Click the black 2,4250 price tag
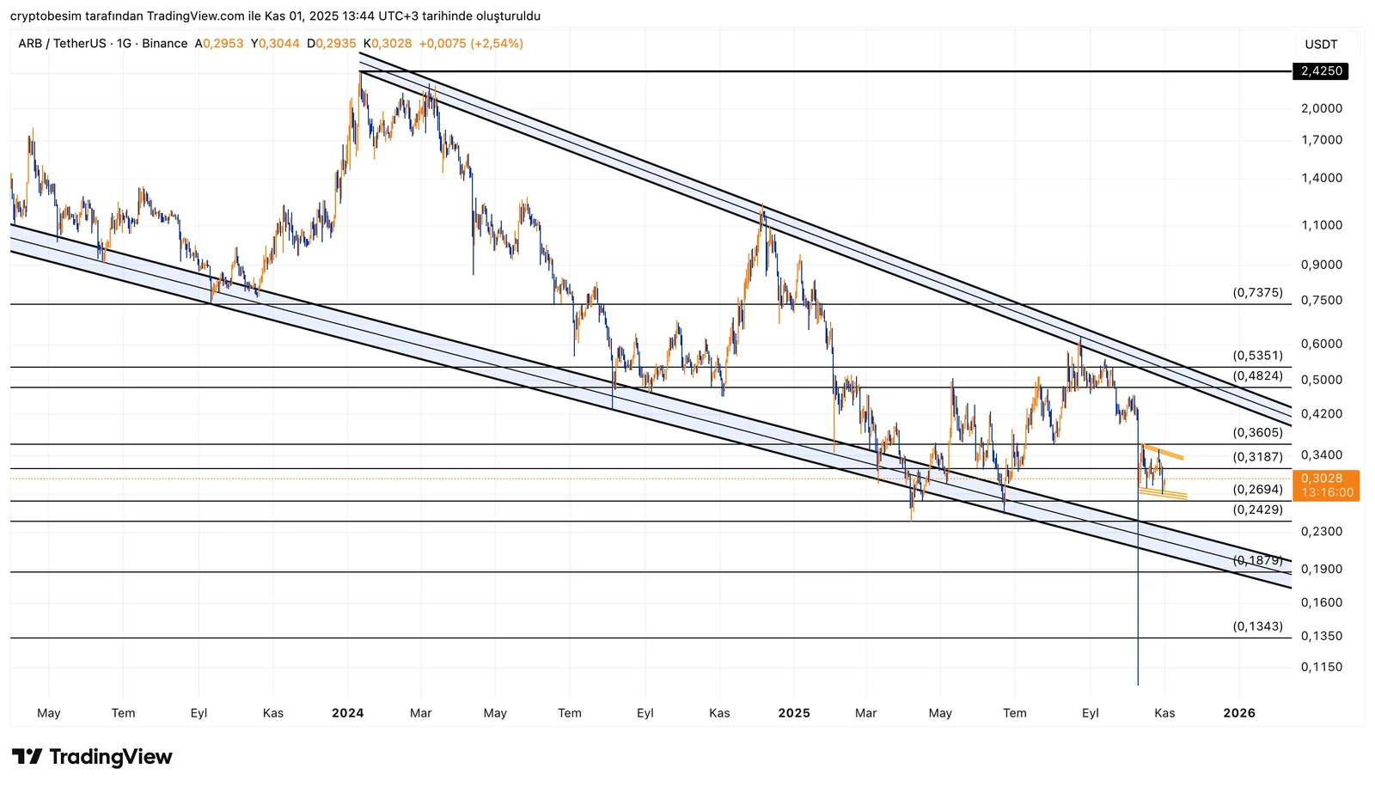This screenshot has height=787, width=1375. (x=1321, y=71)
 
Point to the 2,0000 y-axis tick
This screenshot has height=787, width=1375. (x=1321, y=108)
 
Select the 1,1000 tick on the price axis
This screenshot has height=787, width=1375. (x=1321, y=225)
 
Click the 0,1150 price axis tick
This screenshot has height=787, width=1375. (x=1321, y=667)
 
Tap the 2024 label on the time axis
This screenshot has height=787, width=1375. (x=347, y=713)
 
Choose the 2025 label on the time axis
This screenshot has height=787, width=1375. (x=794, y=713)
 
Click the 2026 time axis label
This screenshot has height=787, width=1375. (x=1238, y=713)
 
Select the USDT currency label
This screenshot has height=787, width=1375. (x=1321, y=45)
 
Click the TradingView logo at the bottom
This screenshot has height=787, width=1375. (x=92, y=757)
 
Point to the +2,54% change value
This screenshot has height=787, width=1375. (x=497, y=44)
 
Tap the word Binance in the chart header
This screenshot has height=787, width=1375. (x=165, y=44)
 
